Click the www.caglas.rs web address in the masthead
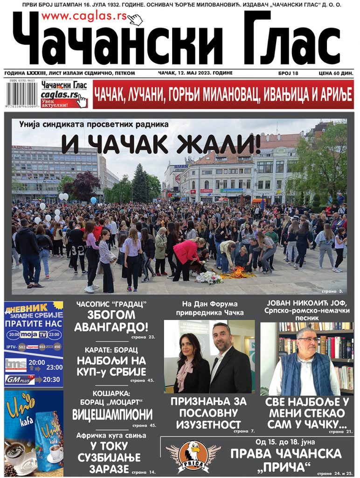[x=84, y=17]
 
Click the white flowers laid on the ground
[x=208, y=277]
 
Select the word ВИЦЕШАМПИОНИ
[x=112, y=414]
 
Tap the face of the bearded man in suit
[x=222, y=336]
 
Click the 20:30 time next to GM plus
[x=51, y=380]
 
